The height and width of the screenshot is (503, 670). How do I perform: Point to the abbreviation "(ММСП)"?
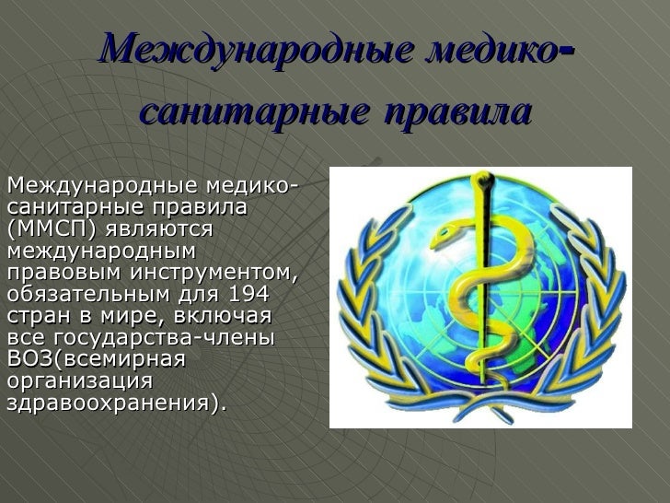point(52,228)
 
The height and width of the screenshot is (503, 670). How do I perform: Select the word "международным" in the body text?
point(102,250)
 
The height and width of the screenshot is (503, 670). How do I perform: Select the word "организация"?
point(78,381)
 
